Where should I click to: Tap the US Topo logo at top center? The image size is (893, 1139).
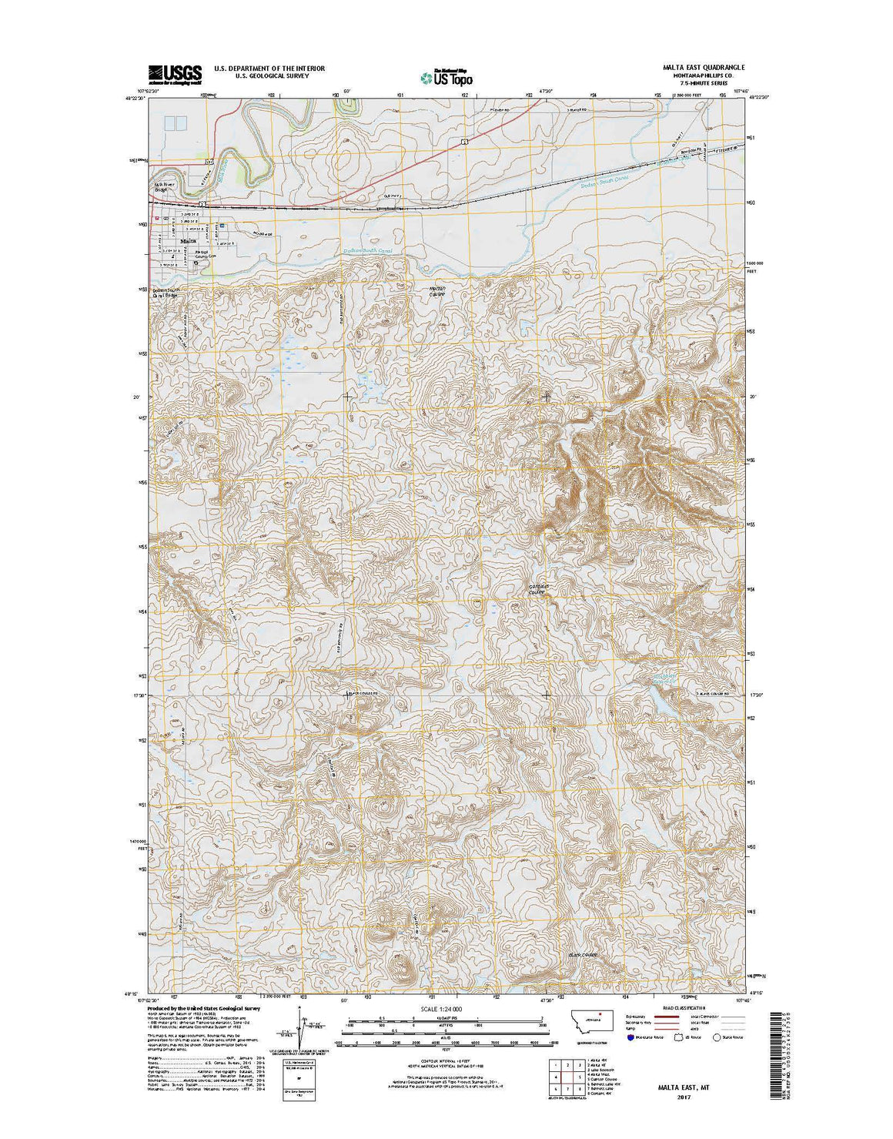446,76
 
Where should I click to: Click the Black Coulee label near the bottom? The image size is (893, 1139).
583,955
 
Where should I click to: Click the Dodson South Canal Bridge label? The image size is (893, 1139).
168,292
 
